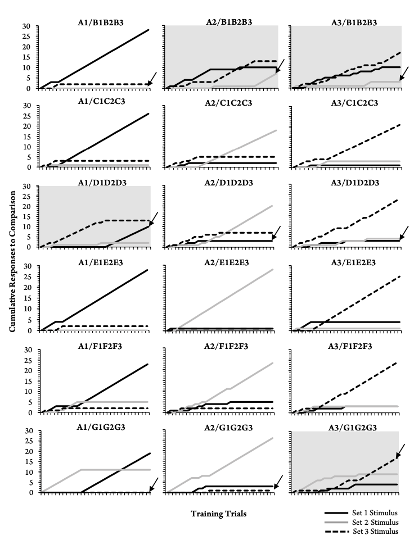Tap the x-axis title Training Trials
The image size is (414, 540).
pyautogui.click(x=218, y=513)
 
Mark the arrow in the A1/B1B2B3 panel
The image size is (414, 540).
pyautogui.click(x=152, y=79)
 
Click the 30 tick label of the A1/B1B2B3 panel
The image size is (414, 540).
pyautogui.click(x=28, y=26)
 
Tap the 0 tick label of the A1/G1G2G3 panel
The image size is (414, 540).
pyautogui.click(x=30, y=492)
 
